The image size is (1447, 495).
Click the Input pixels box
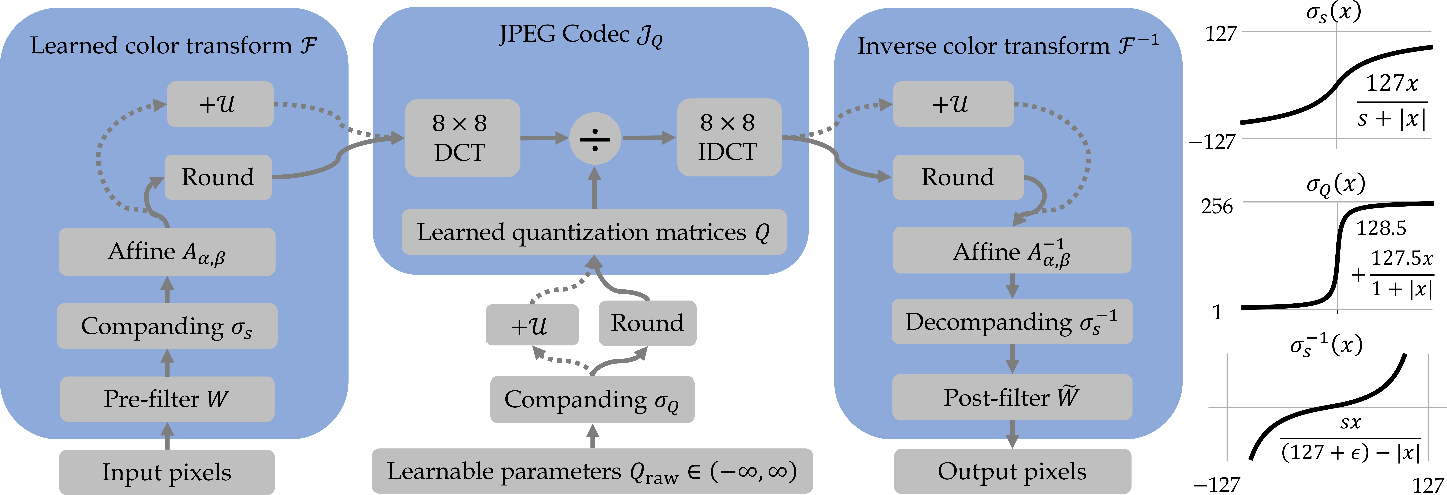167,472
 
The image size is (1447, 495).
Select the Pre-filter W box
167,399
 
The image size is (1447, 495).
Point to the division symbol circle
595,138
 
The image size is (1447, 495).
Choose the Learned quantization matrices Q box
594,232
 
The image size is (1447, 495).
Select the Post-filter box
1012,397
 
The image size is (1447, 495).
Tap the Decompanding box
1012,322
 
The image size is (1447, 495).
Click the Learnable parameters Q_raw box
592,471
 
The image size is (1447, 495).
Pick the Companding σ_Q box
592,399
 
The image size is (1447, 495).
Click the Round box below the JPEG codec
647,323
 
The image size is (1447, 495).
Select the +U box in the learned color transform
220,104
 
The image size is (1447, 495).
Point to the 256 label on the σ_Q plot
1217,207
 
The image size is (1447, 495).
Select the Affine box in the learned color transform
167,252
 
